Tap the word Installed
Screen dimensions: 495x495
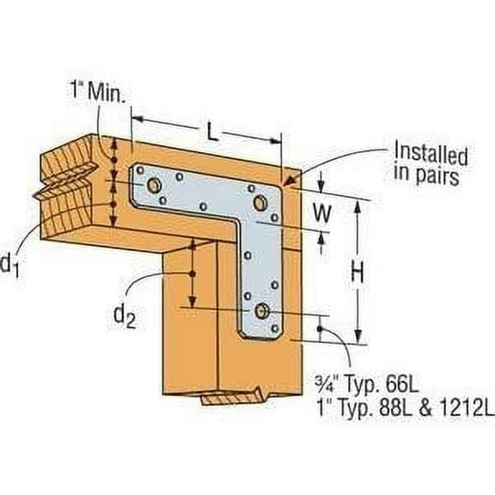(x=430, y=156)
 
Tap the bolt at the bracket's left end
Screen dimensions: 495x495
(x=152, y=185)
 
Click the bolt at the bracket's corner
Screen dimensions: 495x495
(x=260, y=202)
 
